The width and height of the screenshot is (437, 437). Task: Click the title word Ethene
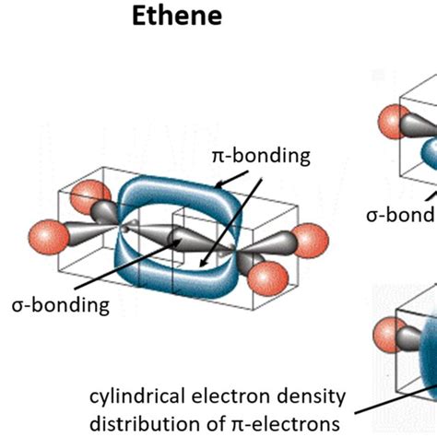tap(174, 18)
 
